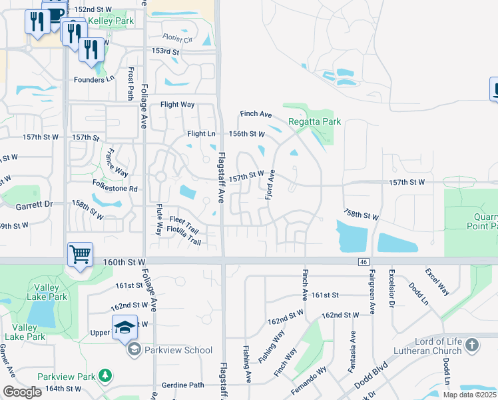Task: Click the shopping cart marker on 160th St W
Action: [79, 253]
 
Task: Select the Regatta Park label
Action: [314, 121]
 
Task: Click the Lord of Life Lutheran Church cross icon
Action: [472, 345]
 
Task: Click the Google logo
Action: [22, 392]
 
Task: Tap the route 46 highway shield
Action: [363, 262]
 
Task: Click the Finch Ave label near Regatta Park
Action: [256, 114]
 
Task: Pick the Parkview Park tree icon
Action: [105, 376]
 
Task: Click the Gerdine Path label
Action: [182, 385]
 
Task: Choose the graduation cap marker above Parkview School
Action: [124, 327]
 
